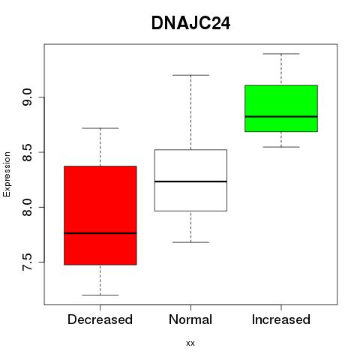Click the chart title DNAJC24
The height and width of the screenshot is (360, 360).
[190, 23]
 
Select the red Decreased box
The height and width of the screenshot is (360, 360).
[100, 215]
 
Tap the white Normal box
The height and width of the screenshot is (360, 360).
[190, 180]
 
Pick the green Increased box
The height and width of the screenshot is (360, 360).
[281, 108]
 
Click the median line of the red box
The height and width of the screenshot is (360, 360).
[100, 233]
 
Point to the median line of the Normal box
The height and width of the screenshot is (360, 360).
[190, 181]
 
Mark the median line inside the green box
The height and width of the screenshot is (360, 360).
[281, 116]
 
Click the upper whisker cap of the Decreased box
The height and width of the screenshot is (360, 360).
[100, 128]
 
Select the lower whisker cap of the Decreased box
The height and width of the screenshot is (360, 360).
[100, 295]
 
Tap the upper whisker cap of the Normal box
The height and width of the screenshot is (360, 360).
[190, 75]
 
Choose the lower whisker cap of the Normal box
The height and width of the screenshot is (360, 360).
[190, 242]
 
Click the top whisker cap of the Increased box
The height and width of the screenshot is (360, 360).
[281, 54]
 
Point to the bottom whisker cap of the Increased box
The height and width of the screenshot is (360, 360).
[281, 147]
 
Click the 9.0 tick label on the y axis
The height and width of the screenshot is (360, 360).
[27, 97]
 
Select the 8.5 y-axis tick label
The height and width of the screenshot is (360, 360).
[27, 152]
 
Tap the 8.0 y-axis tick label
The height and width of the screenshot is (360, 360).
[27, 207]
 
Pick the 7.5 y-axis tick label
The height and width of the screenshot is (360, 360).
[27, 262]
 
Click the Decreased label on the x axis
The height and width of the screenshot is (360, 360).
[100, 319]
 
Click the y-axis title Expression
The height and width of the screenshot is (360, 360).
[7, 174]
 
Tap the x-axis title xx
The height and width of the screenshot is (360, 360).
[190, 343]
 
